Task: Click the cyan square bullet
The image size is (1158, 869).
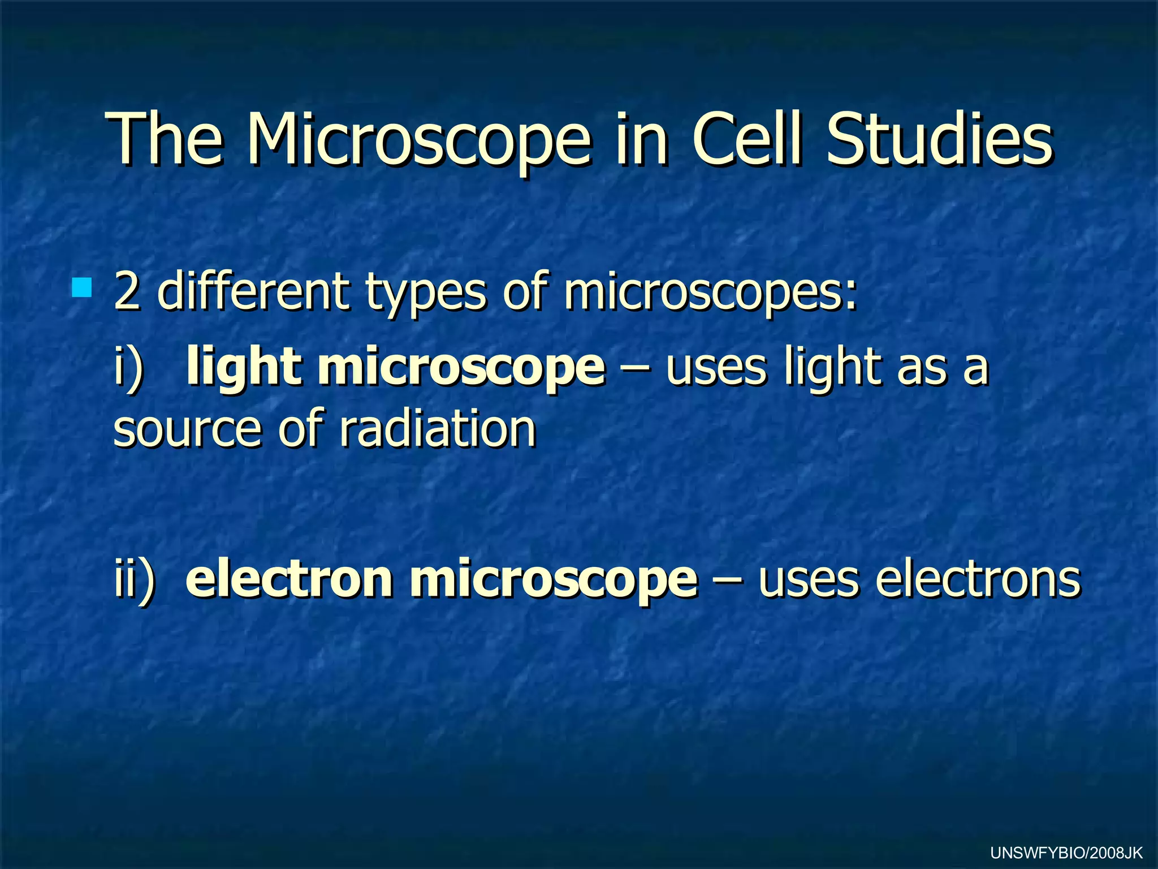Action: coord(82,287)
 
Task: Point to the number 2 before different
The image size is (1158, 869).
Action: coord(127,292)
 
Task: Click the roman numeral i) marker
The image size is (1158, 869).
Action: coord(128,368)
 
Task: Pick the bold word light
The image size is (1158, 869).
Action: coord(244,368)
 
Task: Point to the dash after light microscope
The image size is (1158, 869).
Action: coord(634,368)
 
